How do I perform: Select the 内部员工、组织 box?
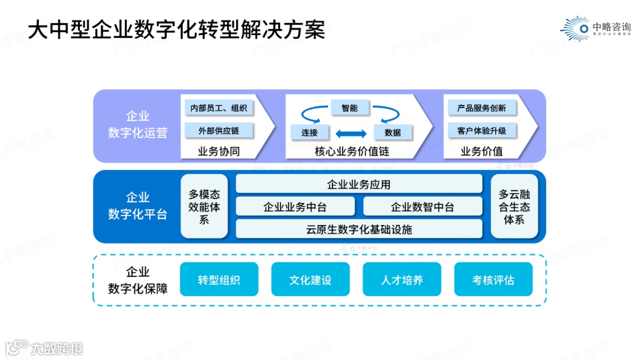218,108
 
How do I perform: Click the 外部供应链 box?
218,131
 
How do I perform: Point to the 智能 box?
349,108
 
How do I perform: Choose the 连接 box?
309,133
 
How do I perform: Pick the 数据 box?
392,133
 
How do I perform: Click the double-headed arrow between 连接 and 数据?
351,133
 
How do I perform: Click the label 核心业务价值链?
351,152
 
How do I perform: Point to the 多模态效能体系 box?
204,207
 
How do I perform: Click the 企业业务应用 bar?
359,185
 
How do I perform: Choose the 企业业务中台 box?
295,207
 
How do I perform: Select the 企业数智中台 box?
422,207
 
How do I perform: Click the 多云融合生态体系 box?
514,207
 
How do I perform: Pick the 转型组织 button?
219,280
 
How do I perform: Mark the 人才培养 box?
402,280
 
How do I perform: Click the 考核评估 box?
493,280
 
